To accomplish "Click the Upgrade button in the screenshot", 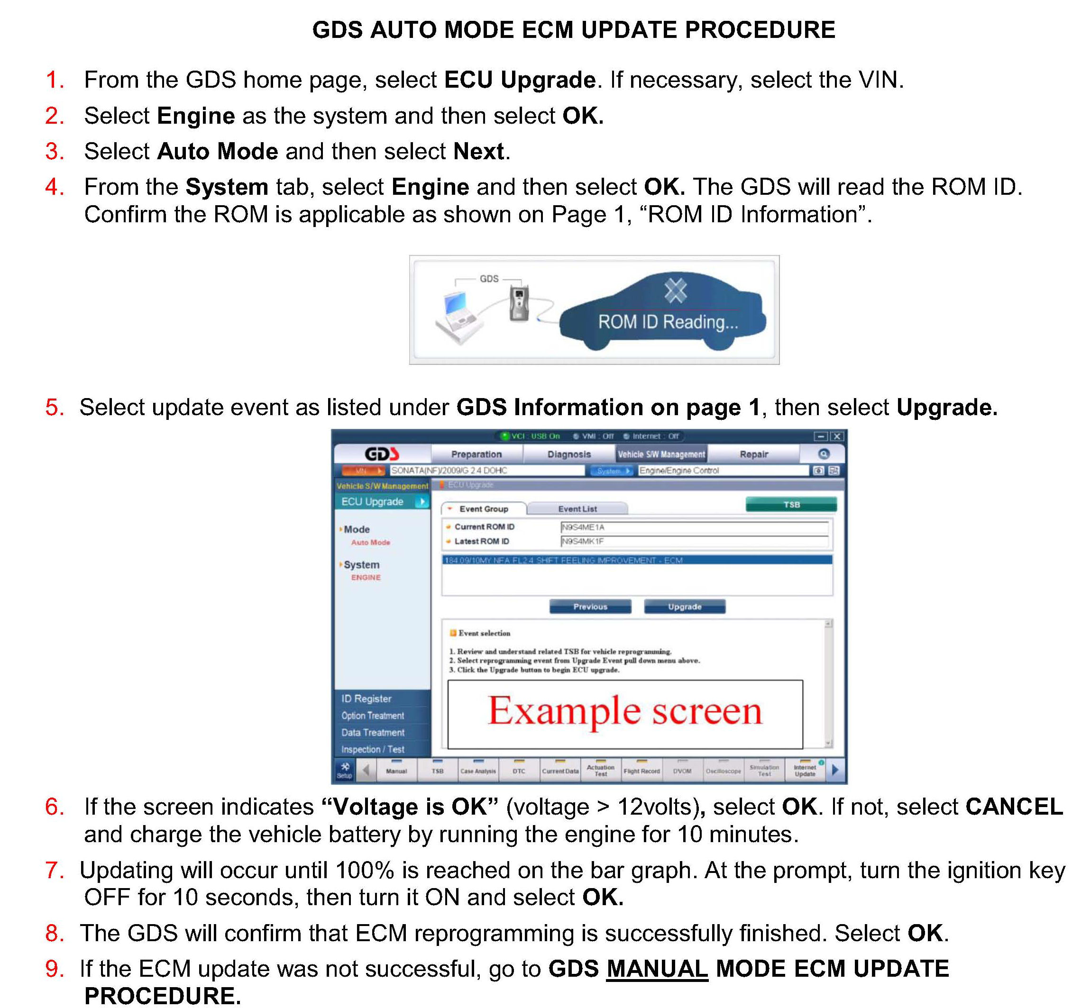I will click(684, 607).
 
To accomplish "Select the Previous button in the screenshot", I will click(590, 607).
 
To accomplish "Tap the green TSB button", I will click(791, 505).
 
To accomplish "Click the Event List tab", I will click(577, 509).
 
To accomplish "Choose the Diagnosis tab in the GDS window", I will click(569, 454).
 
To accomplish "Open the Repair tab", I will click(753, 454).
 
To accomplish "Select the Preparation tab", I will click(476, 454).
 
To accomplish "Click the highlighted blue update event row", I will click(636, 560).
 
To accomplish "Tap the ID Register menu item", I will click(366, 699).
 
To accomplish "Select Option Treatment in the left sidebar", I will click(372, 715).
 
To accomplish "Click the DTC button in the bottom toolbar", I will click(519, 770).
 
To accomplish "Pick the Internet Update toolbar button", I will click(805, 770).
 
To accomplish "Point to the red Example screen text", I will click(624, 711).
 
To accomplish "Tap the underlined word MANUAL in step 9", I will click(657, 969).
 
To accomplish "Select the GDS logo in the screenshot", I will click(382, 454).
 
